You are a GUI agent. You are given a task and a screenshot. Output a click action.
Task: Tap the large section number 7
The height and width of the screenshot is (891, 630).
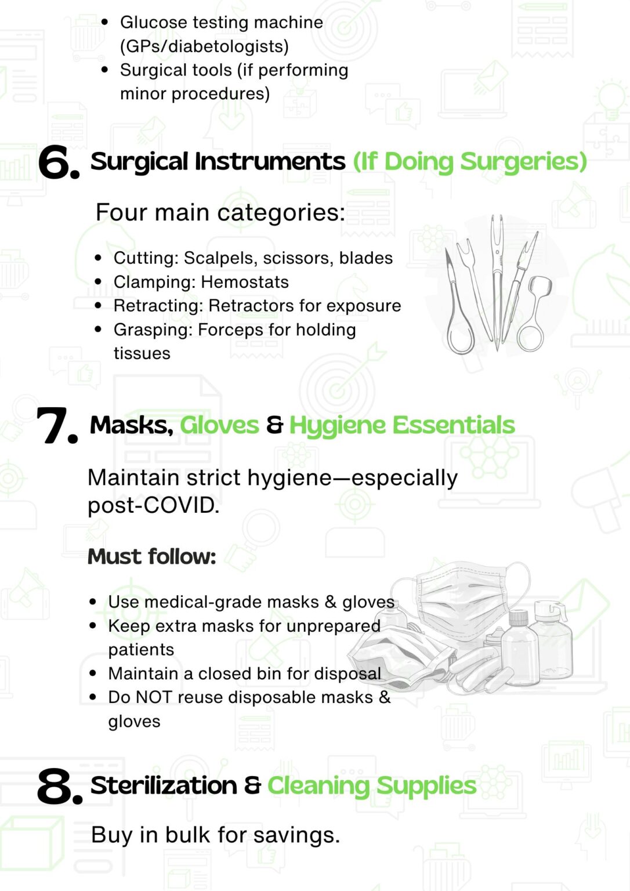[x=57, y=426]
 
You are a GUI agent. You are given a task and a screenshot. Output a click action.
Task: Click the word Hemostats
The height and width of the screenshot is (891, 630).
[x=245, y=282]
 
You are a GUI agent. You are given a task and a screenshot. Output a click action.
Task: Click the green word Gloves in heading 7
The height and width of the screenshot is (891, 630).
[x=219, y=425]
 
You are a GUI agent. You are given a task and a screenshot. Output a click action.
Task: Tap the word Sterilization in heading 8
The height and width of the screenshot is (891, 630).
[x=164, y=785]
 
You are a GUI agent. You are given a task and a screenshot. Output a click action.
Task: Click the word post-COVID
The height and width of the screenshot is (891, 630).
[x=154, y=506]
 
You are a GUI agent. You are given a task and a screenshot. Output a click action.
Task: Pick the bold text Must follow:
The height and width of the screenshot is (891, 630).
[x=151, y=556]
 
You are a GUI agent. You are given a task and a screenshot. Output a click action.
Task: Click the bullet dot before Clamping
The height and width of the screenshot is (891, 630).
[x=99, y=282]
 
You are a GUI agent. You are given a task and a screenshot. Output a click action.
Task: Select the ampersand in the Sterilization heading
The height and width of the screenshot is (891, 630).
[x=252, y=785]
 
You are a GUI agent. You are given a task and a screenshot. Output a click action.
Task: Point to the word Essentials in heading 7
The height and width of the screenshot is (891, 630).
[x=454, y=425]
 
